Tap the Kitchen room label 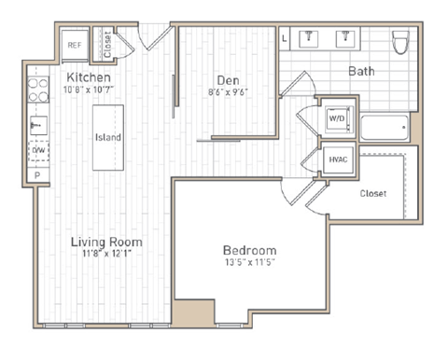point(89,76)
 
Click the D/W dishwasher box point(38,149)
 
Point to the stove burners point(38,89)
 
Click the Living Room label point(105,242)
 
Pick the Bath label point(362,71)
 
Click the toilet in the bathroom point(400,42)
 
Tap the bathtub point(384,126)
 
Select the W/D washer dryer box point(335,119)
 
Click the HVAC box point(337,159)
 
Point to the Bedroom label point(249,250)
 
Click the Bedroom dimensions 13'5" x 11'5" point(249,262)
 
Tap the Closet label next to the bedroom point(373,194)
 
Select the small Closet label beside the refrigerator point(106,42)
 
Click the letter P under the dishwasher point(37,174)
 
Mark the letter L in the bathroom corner point(285,38)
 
